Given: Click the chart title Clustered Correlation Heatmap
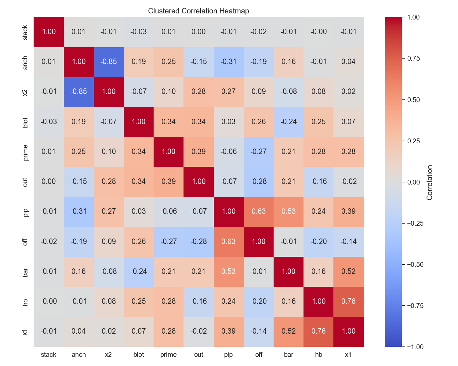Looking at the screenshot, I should click(198, 11).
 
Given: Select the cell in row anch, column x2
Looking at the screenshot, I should click(109, 62).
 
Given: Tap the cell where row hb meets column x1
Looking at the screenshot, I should click(348, 301).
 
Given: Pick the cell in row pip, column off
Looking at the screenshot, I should click(259, 211).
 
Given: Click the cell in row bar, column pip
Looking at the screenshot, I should click(229, 271).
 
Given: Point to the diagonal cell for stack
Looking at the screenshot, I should click(49, 32).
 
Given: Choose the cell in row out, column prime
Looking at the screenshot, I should click(169, 181).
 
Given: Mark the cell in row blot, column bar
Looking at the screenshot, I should click(289, 122).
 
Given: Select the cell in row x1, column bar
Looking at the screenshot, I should click(289, 331).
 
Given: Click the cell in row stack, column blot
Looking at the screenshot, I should click(139, 32).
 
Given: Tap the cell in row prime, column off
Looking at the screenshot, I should click(259, 152).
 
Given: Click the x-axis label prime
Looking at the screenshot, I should click(169, 355).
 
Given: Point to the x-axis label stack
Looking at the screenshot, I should click(49, 355).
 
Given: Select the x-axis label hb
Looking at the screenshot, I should click(318, 355).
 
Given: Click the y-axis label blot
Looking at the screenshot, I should click(26, 122).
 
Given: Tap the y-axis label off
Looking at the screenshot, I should click(26, 242).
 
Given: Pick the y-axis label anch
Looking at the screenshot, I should click(26, 62).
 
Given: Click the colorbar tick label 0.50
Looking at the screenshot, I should click(414, 100).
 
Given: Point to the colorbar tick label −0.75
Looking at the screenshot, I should click(412, 306).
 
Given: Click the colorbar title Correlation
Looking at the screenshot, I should click(430, 182).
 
